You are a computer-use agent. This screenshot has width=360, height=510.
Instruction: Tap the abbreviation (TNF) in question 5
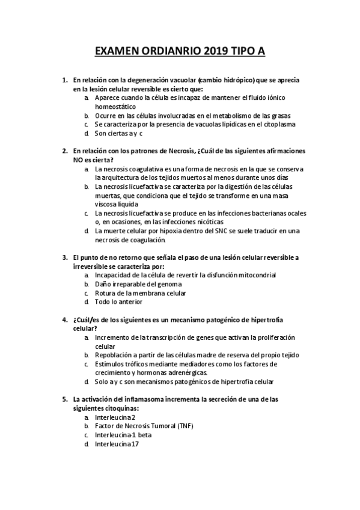tap(186, 426)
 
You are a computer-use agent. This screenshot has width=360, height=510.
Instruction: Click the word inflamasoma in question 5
tap(151, 399)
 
